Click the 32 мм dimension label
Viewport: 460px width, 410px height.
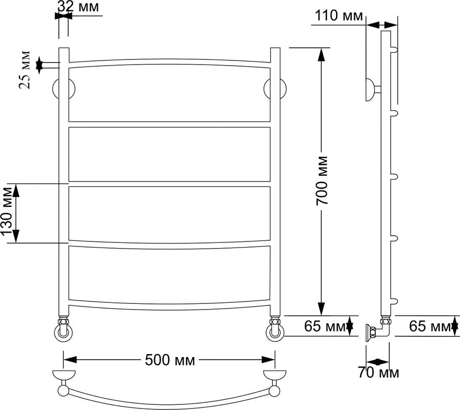[78, 7]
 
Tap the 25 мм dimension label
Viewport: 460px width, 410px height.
[25, 70]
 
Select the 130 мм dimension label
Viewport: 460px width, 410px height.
[7, 212]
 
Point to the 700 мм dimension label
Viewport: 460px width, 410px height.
[322, 180]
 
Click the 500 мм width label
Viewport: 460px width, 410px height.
[170, 360]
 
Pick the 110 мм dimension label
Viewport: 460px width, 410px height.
[339, 15]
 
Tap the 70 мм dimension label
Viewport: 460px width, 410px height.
[378, 373]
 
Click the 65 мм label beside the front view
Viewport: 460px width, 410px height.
[325, 326]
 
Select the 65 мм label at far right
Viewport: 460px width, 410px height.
[430, 326]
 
